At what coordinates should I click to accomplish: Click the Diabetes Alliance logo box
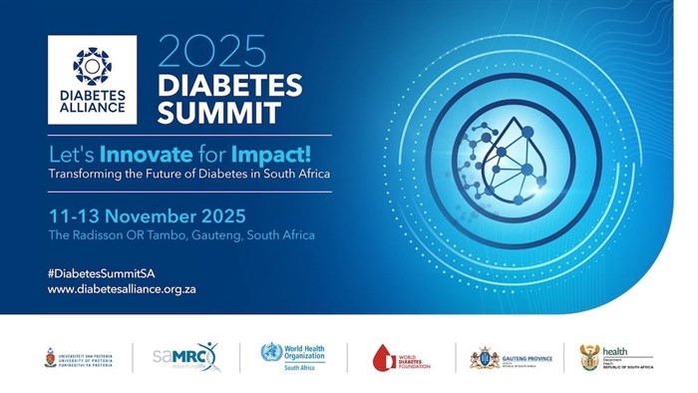coord(92,80)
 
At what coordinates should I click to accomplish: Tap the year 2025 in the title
coord(212,51)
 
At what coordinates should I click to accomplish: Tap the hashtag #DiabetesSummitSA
coord(101,272)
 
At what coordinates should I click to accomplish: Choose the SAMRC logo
coord(184,356)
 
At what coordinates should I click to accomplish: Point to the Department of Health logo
coord(616,357)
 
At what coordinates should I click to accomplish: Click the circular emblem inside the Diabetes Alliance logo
coord(92,66)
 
